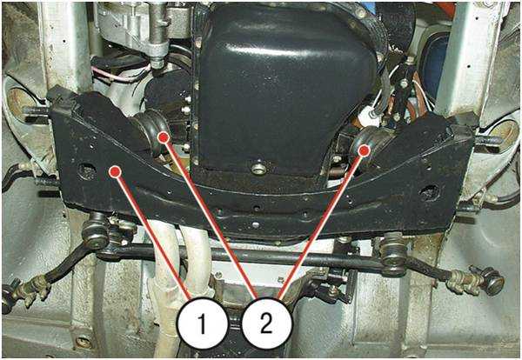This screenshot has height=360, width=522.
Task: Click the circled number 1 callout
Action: (202, 323)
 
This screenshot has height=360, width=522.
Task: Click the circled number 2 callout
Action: (266, 323)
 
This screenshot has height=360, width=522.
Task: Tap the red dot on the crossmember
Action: (115, 171)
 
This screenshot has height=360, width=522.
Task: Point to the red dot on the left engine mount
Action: (164, 137)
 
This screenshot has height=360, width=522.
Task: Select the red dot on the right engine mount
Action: (364, 150)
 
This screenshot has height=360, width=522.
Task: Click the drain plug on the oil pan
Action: (258, 169)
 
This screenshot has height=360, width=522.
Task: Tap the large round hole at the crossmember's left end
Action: (87, 171)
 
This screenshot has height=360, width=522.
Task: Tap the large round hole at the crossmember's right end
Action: (429, 193)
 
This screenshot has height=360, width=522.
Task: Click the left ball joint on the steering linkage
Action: (96, 233)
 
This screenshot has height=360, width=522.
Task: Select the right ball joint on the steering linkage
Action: (394, 255)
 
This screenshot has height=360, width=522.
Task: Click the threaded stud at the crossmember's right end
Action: (488, 141)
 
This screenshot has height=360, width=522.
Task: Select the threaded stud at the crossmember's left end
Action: (36, 110)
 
